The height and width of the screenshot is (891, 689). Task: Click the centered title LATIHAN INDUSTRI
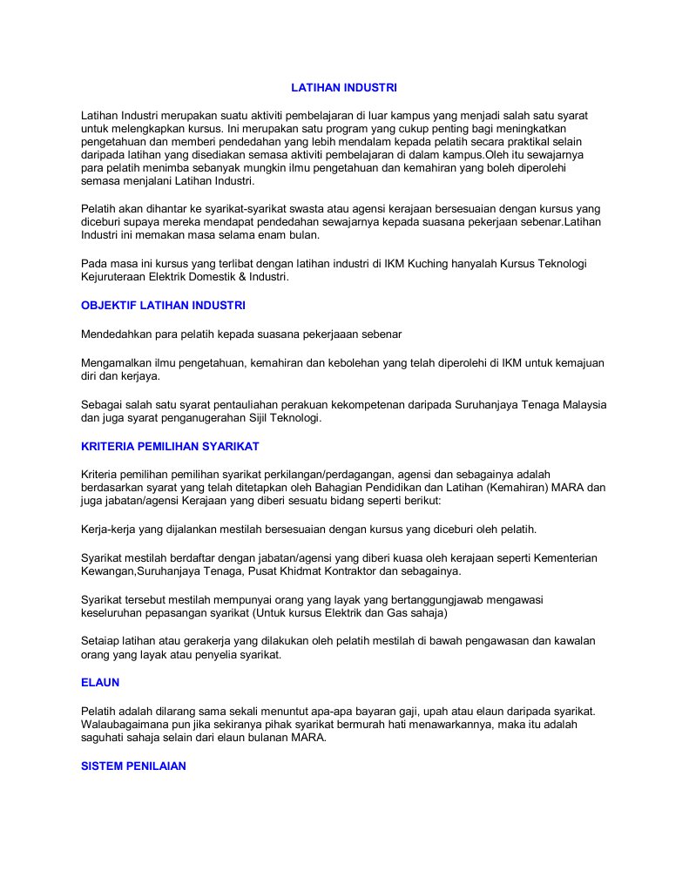click(343, 88)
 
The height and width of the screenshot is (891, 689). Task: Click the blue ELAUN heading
click(99, 682)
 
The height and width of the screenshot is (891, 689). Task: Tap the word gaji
click(462, 711)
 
